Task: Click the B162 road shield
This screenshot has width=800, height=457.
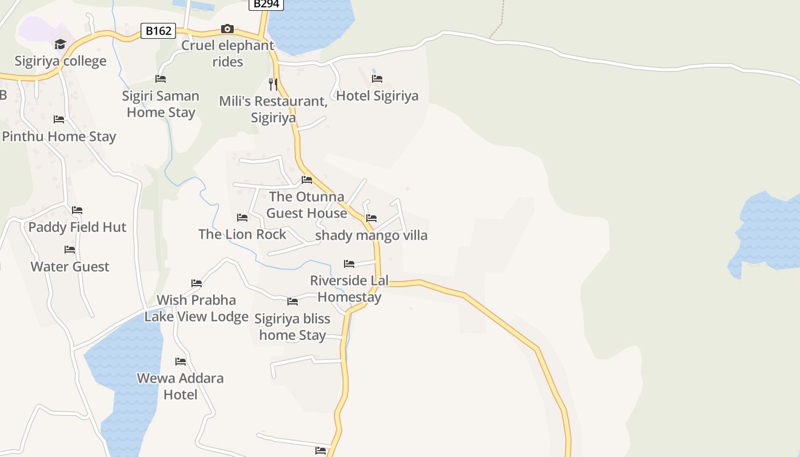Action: click(x=158, y=31)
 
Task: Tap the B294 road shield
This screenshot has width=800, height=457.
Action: click(x=266, y=4)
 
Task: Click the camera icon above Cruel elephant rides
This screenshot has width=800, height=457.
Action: click(x=227, y=29)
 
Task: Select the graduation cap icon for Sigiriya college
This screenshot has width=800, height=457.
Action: click(x=60, y=44)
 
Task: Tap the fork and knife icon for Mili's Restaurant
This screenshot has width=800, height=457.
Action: click(x=273, y=85)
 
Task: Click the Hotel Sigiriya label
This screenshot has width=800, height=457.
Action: click(x=377, y=96)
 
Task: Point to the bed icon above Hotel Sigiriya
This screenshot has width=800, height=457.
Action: click(x=377, y=79)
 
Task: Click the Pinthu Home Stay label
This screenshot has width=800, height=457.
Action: click(x=59, y=137)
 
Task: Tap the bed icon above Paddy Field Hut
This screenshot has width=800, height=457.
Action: click(x=77, y=210)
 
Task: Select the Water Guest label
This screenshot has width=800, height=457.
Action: click(x=70, y=267)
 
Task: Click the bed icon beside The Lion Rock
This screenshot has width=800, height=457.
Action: click(x=242, y=218)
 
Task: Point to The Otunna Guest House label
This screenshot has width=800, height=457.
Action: click(x=307, y=205)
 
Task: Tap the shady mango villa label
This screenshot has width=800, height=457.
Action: click(x=371, y=235)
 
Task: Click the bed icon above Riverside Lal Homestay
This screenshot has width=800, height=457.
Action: click(x=349, y=264)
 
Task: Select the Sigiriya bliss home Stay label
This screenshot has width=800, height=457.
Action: click(x=293, y=327)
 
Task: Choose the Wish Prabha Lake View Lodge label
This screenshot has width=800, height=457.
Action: click(x=196, y=308)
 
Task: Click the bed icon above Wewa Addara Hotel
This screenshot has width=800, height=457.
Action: click(x=181, y=362)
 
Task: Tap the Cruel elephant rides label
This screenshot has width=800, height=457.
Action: click(x=228, y=53)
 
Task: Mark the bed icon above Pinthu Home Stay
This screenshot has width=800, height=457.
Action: click(x=59, y=119)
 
